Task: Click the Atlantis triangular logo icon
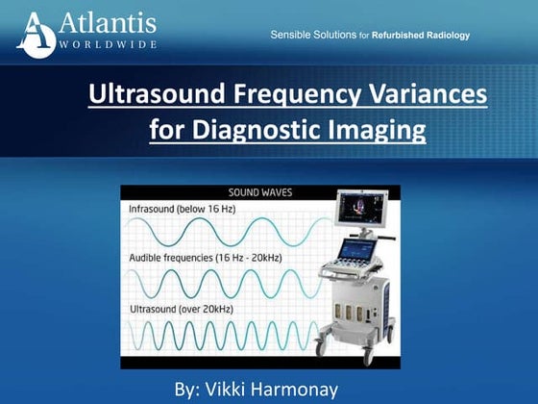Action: click(36, 33)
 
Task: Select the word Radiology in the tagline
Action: click(444, 36)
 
